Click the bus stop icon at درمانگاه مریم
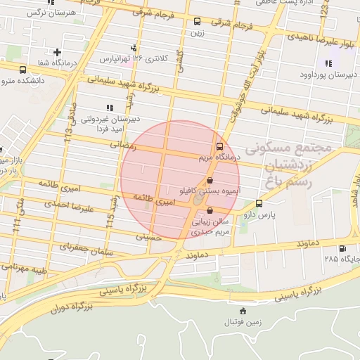click(219, 147)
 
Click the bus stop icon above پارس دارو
click(259, 203)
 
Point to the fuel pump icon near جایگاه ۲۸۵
click(342, 248)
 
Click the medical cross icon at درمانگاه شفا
click(57, 52)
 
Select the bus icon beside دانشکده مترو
click(23, 70)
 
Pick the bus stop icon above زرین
click(197, 21)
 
